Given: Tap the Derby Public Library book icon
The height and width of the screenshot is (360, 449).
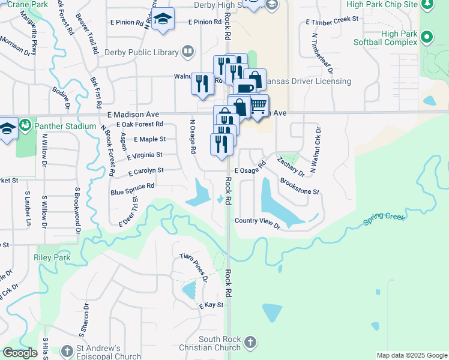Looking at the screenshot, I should click(188, 52).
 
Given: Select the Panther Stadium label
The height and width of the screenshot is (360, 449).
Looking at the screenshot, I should click(65, 126).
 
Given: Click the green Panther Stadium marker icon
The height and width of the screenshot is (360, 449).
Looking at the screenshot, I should click(25, 126).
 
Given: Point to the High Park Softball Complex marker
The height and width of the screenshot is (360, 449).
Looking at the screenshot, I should click(427, 37).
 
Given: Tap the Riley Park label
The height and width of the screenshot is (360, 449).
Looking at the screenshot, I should click(53, 258).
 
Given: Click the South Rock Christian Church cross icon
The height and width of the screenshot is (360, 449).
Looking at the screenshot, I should click(250, 343).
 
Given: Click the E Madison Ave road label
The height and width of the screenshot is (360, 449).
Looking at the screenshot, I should click(133, 114).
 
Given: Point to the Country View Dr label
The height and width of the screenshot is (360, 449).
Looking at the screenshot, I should click(258, 223).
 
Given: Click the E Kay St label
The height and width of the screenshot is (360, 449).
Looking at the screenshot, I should click(211, 305).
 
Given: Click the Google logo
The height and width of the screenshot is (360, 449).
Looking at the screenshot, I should click(20, 353).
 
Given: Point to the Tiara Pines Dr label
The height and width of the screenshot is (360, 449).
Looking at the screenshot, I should click(193, 268).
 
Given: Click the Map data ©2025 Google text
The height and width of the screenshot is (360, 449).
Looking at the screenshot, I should click(411, 355).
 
